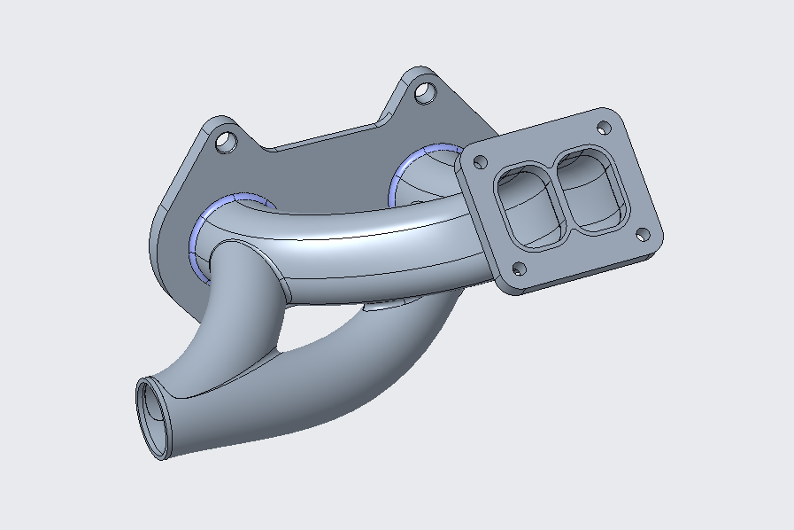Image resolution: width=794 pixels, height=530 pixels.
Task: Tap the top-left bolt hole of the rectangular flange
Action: (x=481, y=162)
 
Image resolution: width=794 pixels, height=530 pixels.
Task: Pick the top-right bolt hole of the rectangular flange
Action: (x=606, y=126)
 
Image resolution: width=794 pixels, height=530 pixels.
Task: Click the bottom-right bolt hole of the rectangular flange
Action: (x=644, y=235)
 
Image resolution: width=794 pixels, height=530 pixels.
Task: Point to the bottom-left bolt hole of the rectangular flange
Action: (x=519, y=269)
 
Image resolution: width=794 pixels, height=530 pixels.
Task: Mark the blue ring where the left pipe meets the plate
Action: (x=197, y=235)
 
